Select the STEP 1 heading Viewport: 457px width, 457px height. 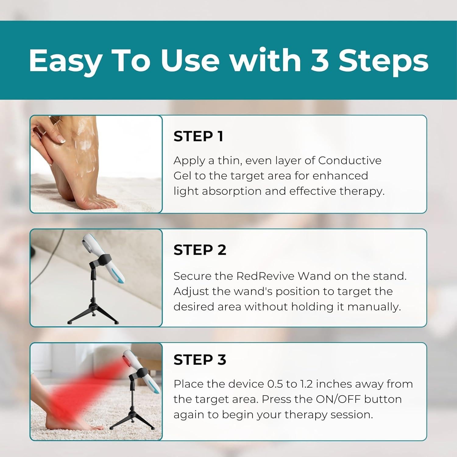[198, 136]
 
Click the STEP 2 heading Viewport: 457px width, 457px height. [200, 250]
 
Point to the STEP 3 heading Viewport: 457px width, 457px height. [200, 360]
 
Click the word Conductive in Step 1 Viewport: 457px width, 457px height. [350, 160]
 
